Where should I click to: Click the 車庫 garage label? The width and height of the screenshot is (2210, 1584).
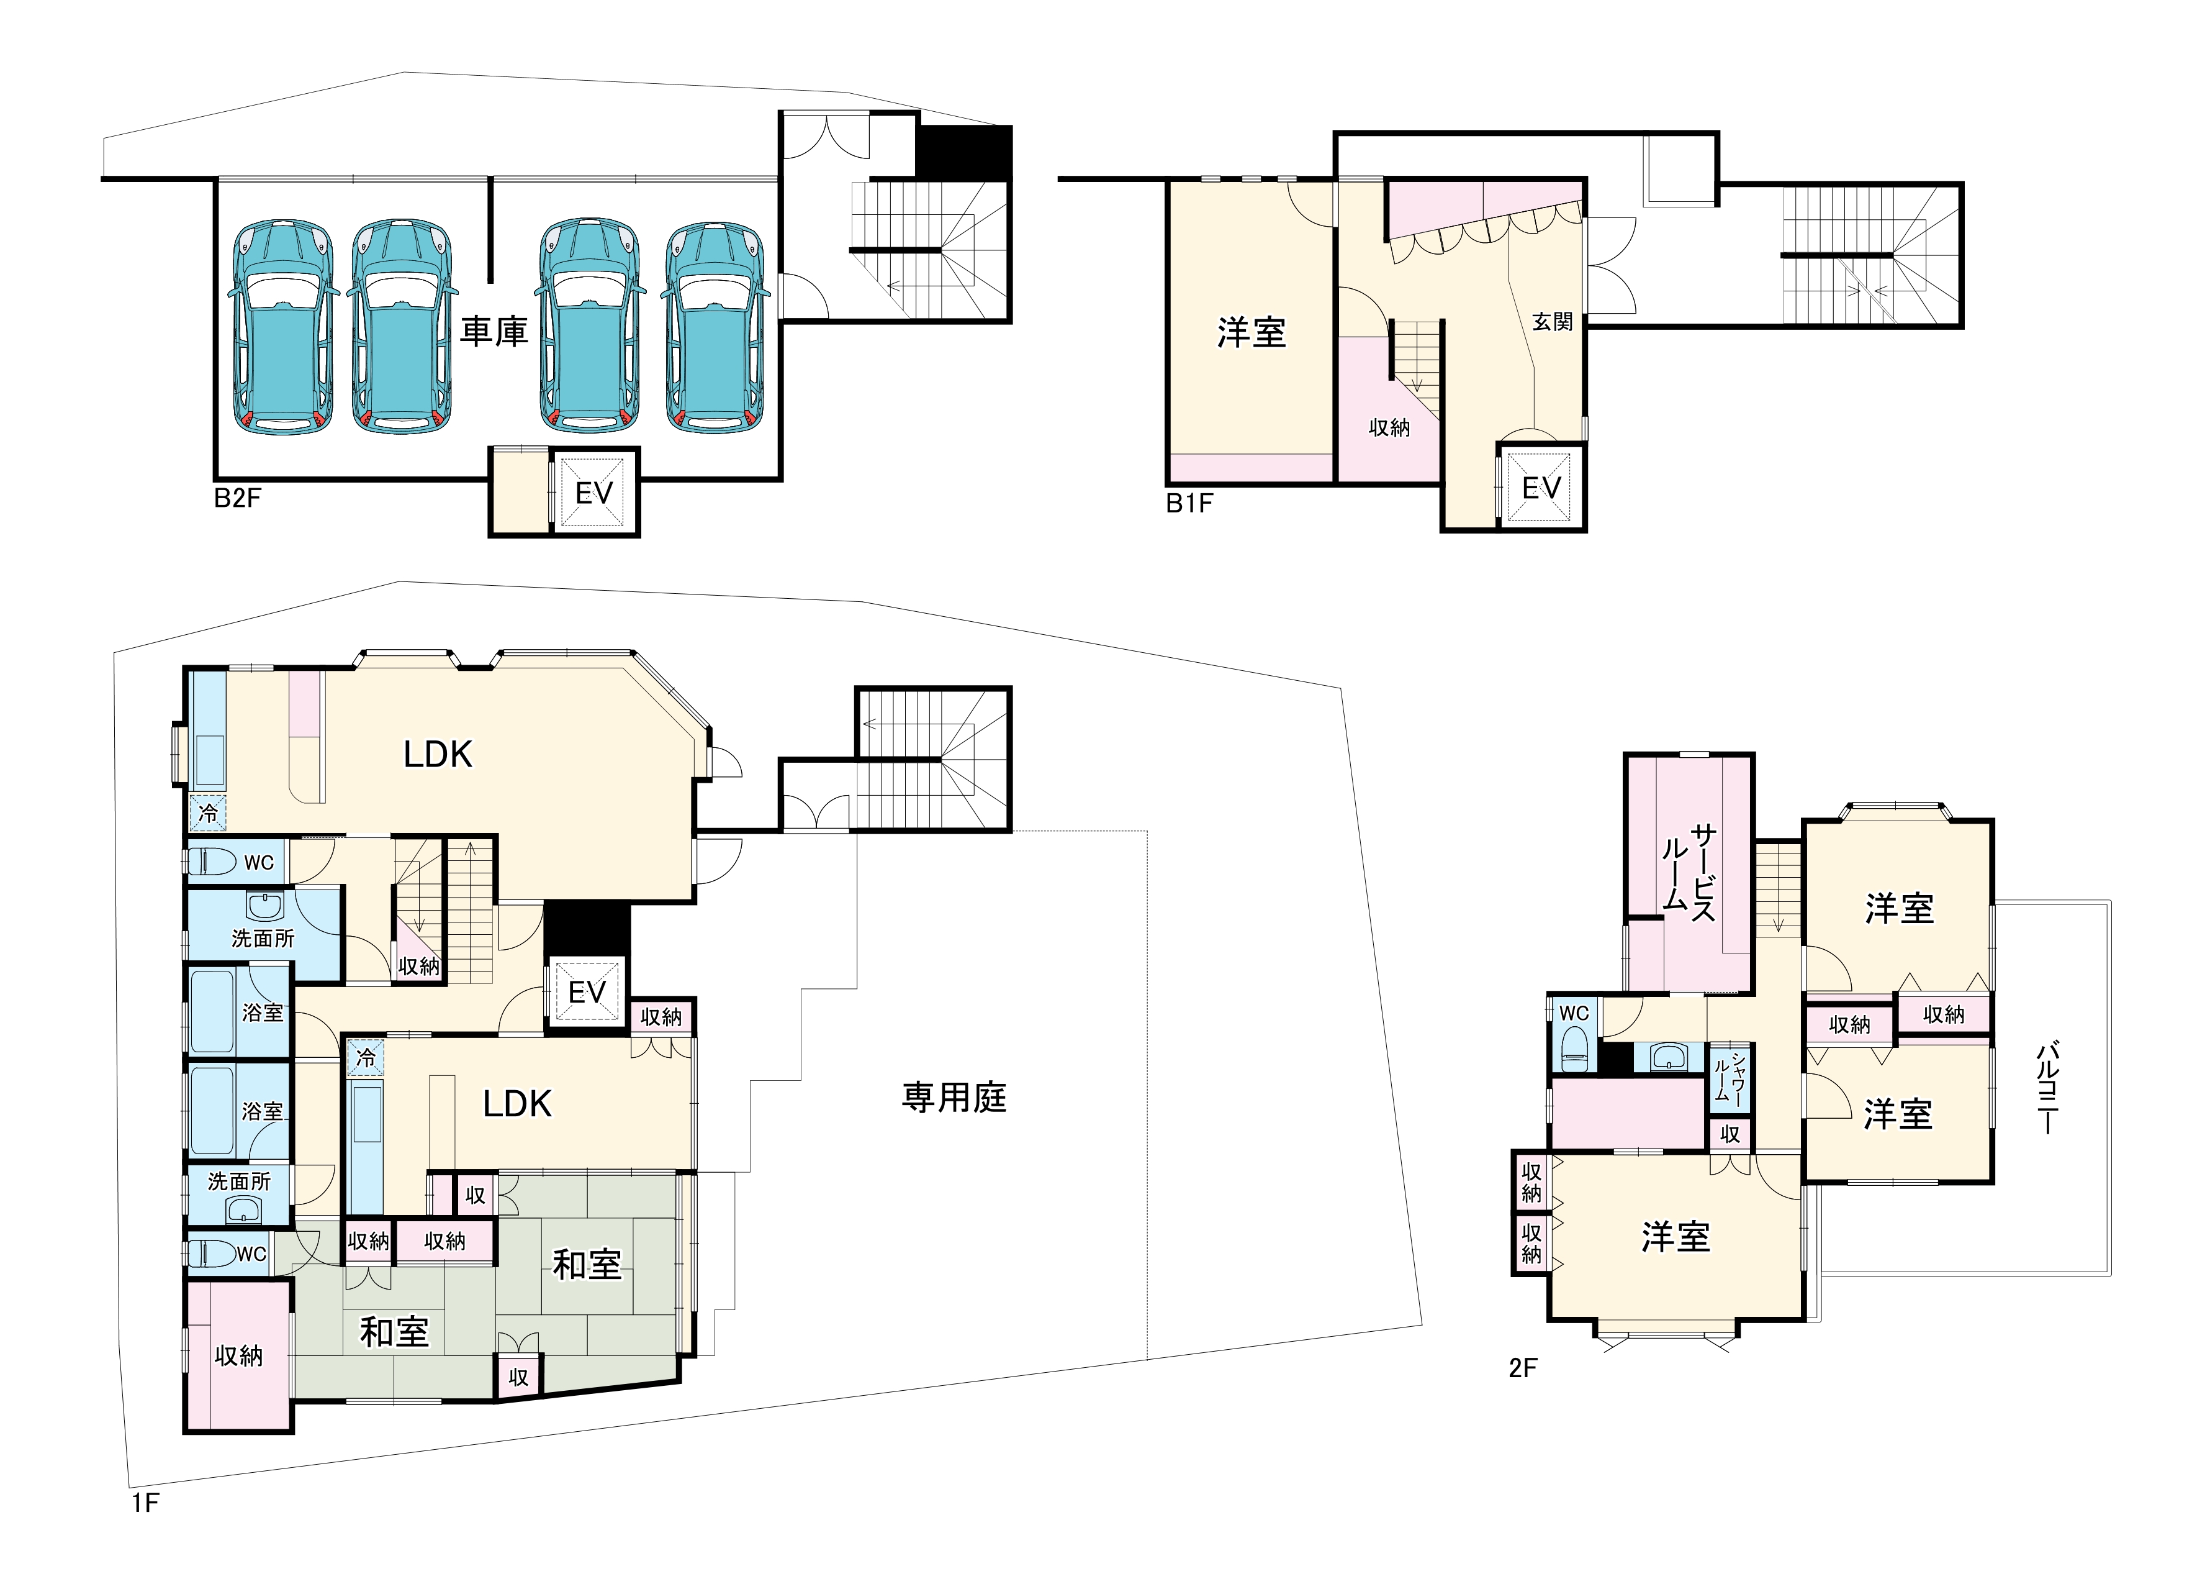pyautogui.click(x=494, y=332)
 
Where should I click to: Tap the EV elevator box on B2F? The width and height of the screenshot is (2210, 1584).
pyautogui.click(x=593, y=492)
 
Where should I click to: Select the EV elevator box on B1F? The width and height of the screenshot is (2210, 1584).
pyautogui.click(x=1541, y=488)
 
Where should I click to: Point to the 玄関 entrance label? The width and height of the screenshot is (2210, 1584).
pyautogui.click(x=1552, y=322)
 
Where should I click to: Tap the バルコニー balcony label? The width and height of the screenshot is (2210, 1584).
pyautogui.click(x=2047, y=1087)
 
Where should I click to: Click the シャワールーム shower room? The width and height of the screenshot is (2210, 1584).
pyautogui.click(x=1729, y=1078)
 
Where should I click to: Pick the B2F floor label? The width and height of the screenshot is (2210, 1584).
pyautogui.click(x=238, y=498)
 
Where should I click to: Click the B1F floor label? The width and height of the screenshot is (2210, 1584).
pyautogui.click(x=1190, y=503)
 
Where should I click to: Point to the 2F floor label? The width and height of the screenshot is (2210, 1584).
pyautogui.click(x=1523, y=1368)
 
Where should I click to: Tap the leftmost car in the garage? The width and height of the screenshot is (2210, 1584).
pyautogui.click(x=282, y=327)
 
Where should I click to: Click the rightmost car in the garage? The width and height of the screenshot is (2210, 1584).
pyautogui.click(x=715, y=327)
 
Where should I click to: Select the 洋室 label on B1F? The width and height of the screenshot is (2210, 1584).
pyautogui.click(x=1251, y=334)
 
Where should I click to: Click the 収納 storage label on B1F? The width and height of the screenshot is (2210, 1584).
pyautogui.click(x=1389, y=427)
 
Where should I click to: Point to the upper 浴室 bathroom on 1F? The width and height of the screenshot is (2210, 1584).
pyautogui.click(x=262, y=1012)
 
